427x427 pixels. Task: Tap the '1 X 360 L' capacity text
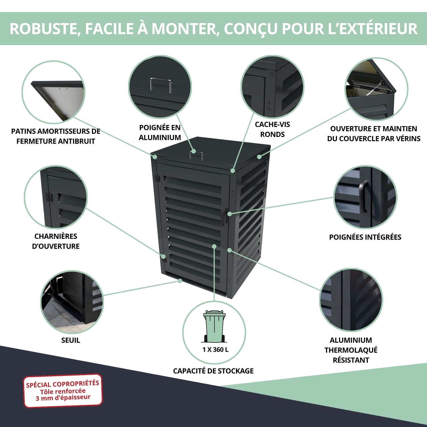(x=215, y=350)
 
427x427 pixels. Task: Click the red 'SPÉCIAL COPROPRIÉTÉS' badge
(x=63, y=391)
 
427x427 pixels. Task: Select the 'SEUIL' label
(x=71, y=340)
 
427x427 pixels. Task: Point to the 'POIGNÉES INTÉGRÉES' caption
(x=365, y=237)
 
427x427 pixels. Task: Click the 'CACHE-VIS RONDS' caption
(x=272, y=129)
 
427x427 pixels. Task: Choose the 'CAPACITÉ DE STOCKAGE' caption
(x=213, y=371)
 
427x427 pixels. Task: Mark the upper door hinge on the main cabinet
(x=157, y=178)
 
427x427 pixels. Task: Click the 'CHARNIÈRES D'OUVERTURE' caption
(x=56, y=241)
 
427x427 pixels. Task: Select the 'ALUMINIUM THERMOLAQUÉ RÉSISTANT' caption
(x=351, y=350)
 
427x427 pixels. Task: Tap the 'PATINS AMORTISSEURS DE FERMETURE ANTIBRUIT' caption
(x=56, y=136)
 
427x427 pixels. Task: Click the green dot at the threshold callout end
(x=180, y=281)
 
